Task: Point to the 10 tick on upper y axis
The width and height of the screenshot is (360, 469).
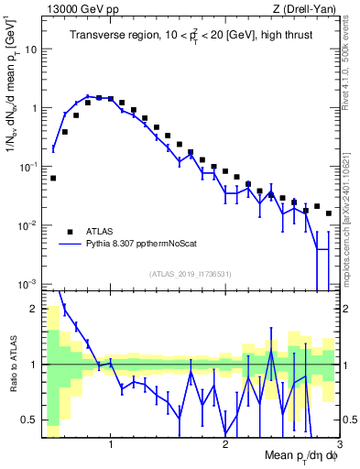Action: [x=29, y=49]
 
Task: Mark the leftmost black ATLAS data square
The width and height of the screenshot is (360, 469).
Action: [x=53, y=178]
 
